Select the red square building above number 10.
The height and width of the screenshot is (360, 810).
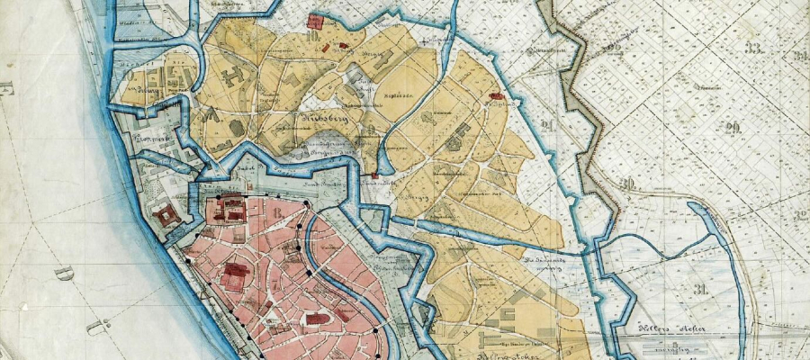click(x=316, y=21)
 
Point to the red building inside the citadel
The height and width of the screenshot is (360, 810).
click(x=166, y=216)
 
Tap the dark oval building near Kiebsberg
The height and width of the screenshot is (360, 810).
click(x=236, y=129)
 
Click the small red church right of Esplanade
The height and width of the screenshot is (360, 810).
click(x=494, y=95)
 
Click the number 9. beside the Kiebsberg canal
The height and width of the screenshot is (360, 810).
click(x=371, y=129)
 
